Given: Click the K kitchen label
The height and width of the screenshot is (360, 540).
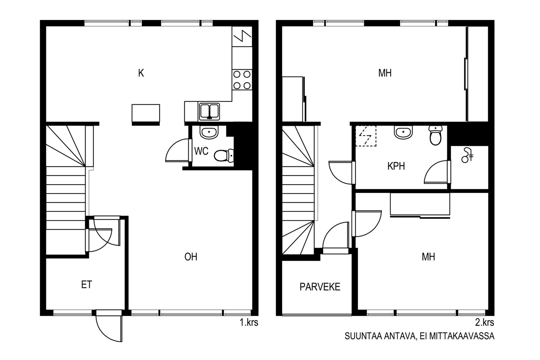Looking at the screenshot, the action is (141, 73).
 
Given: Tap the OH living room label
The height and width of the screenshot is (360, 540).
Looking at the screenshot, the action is (191, 257).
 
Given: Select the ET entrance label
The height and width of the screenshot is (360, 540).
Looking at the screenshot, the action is (86, 284).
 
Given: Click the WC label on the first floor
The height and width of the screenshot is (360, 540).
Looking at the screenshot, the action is (201, 151).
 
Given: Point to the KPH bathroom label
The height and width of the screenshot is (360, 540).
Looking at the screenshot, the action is (396, 166).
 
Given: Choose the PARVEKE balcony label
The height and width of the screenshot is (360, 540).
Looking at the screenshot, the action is (320, 287).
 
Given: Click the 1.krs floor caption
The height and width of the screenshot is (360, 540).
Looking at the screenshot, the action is (249, 323).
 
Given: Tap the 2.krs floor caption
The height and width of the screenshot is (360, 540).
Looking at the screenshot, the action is (485, 323).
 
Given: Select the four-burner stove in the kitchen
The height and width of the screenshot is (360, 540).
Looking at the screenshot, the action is (242, 80).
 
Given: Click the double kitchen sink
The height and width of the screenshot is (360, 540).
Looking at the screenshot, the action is (210, 112).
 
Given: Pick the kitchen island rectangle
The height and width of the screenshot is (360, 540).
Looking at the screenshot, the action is (146, 115).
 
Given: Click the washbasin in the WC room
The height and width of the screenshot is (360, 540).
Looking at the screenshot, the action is (209, 133).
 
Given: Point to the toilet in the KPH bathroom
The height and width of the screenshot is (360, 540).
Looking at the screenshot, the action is (436, 135).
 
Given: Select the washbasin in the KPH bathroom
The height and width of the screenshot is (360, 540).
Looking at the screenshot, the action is (403, 132).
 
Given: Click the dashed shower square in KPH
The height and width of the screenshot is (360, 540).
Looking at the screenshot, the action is (366, 136).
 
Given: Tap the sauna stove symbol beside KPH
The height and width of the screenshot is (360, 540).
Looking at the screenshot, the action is (467, 155).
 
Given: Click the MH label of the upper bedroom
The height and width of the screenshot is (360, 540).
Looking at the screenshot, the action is (385, 73).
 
